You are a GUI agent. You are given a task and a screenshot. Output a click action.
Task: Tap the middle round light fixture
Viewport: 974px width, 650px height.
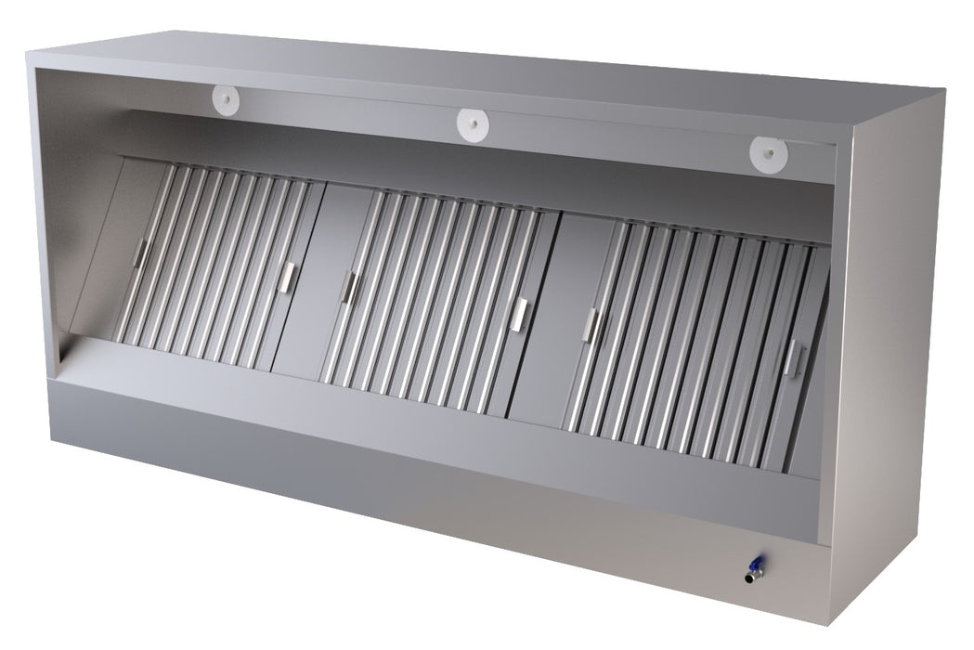pos(473,123)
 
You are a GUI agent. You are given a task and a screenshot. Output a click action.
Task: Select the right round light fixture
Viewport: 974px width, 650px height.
pos(768,150)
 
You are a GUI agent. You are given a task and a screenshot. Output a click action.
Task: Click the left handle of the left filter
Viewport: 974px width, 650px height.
pos(140,253)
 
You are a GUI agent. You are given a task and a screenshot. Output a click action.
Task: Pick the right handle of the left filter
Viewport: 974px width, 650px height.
pos(288,276)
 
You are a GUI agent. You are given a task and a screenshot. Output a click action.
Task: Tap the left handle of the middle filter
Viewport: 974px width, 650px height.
pos(350,287)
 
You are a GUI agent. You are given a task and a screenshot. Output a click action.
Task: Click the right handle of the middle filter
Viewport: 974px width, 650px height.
pos(520,315)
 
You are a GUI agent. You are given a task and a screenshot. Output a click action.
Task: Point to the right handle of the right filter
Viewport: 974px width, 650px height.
pos(792,358)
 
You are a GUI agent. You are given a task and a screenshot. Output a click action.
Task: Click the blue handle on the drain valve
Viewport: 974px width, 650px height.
pos(759,563)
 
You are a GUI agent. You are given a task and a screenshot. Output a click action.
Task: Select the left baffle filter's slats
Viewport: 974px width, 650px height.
pos(214,265)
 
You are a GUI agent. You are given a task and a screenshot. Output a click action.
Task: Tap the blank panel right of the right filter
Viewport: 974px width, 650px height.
pos(812,371)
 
